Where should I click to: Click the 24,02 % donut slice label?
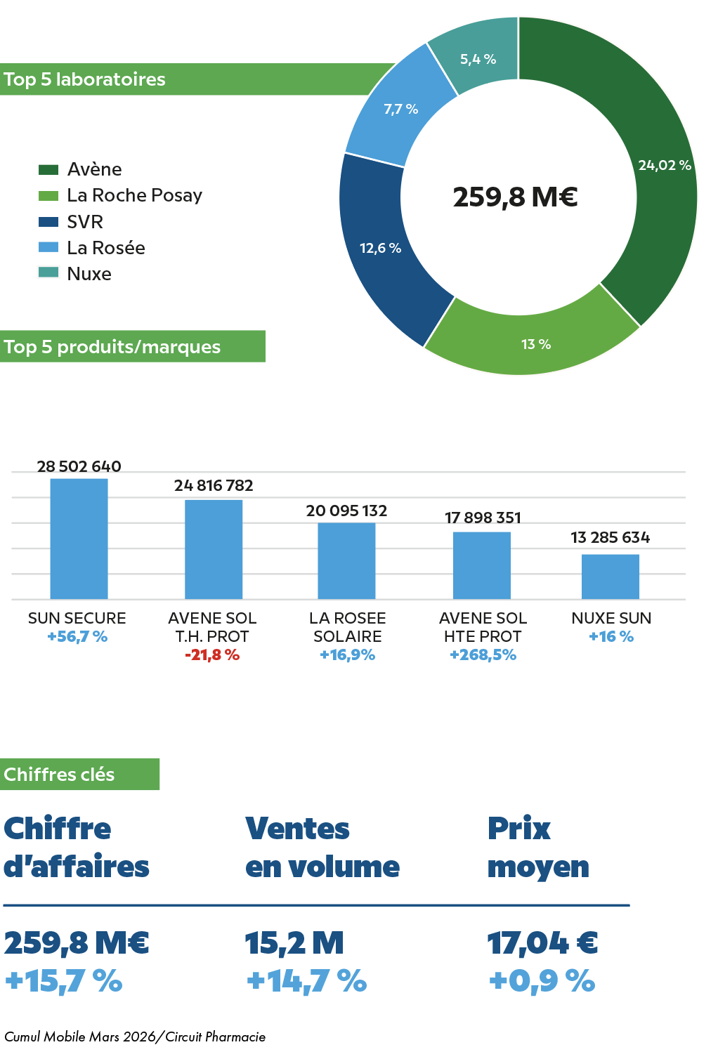(x=665, y=165)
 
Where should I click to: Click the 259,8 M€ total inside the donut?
(x=515, y=197)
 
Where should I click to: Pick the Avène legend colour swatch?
(x=48, y=170)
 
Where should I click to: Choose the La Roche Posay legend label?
(x=134, y=195)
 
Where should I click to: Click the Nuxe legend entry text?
(x=89, y=274)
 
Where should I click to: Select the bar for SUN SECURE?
(x=79, y=539)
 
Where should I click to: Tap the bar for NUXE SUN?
(x=610, y=577)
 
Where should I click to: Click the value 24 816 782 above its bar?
(x=214, y=485)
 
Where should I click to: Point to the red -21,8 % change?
(x=212, y=655)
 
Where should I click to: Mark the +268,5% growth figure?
(x=483, y=655)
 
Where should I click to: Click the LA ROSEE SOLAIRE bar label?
(x=348, y=627)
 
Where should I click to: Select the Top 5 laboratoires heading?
(x=85, y=79)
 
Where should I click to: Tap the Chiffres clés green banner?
(x=79, y=774)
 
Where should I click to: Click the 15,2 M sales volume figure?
(x=294, y=944)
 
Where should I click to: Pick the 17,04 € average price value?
(x=542, y=944)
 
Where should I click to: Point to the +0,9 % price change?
(x=542, y=981)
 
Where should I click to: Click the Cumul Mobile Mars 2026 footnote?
(x=135, y=1037)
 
